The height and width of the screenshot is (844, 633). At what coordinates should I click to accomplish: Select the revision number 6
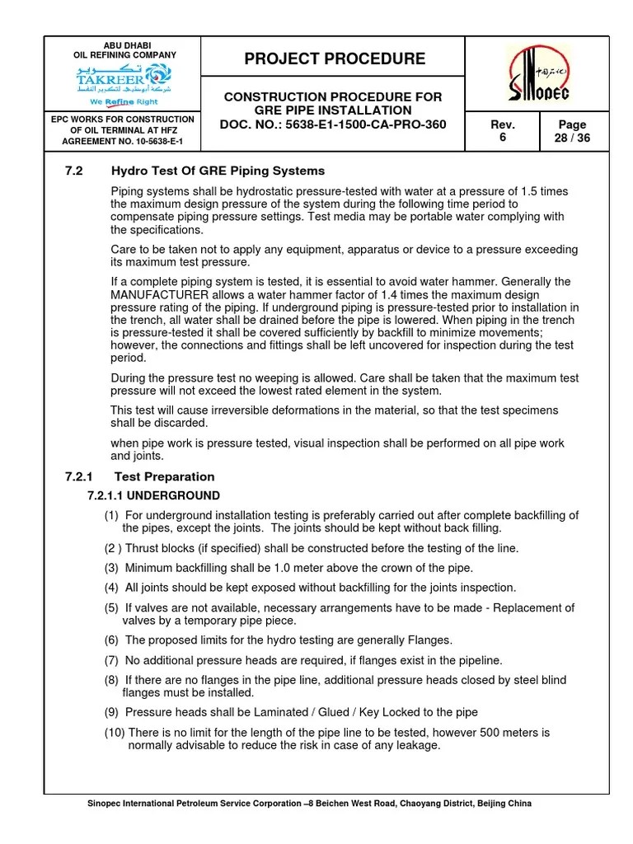point(502,138)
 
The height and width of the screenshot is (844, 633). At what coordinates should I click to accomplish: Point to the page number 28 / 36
point(572,138)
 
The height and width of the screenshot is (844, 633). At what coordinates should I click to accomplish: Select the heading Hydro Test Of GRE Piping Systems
point(218,171)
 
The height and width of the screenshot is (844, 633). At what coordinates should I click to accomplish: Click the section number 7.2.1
point(80,476)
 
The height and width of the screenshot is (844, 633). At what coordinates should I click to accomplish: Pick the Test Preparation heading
point(164,476)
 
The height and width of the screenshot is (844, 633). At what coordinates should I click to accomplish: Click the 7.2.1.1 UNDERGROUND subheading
point(153,495)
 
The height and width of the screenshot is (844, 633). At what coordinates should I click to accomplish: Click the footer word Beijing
point(493,803)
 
